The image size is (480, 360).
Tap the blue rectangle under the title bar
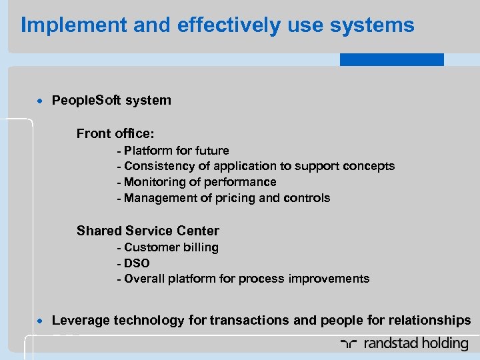(391, 60)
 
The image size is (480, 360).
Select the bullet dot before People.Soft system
(41, 101)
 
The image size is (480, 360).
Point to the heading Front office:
(115, 133)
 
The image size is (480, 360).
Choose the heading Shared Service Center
(147, 231)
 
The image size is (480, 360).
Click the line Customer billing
(171, 247)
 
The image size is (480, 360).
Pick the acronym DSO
(137, 263)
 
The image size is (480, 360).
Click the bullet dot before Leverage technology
(41, 321)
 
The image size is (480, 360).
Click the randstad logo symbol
(347, 344)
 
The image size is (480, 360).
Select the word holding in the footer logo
(445, 344)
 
